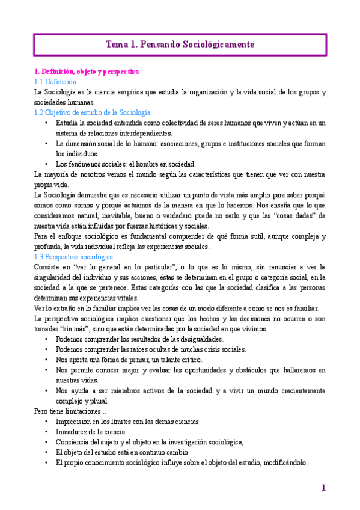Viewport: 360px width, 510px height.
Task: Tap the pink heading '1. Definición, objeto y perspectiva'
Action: point(87,72)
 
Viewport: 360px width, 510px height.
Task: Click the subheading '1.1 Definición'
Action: point(55,82)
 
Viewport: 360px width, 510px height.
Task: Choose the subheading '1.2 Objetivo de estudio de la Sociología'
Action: point(93,112)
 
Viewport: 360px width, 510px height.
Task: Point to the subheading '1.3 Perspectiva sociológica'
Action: point(74,256)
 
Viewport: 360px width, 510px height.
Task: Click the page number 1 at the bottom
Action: point(323,488)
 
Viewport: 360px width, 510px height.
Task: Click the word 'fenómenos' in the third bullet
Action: point(88,164)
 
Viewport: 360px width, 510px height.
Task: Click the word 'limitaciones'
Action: point(82,411)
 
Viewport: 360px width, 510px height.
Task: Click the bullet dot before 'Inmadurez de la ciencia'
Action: point(47,432)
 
